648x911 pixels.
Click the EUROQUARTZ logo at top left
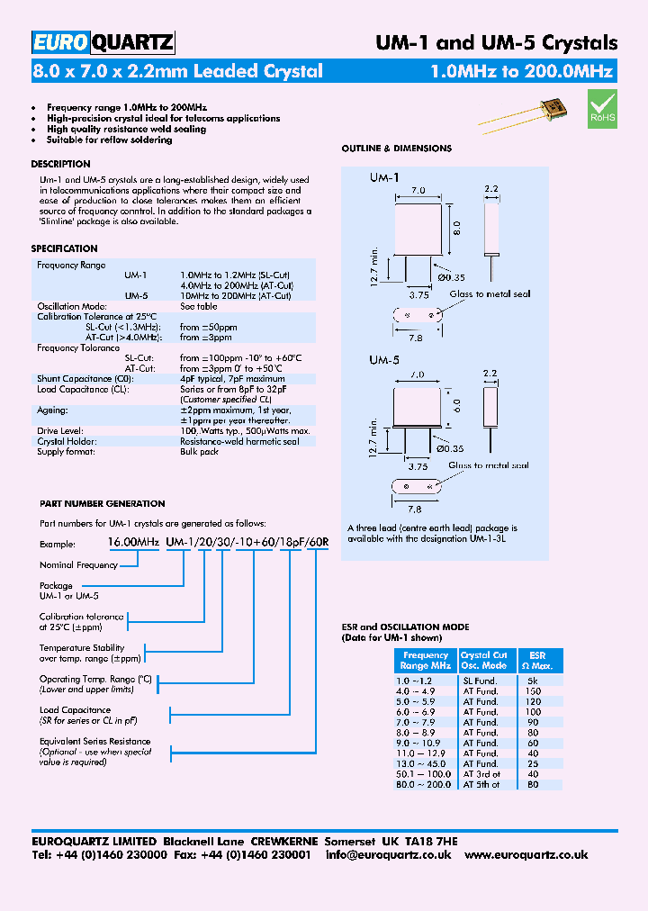[x=103, y=41]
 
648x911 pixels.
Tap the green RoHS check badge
[x=602, y=106]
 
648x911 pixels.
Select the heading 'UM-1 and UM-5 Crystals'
[x=495, y=42]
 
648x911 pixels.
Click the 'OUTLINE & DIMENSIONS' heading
[x=396, y=149]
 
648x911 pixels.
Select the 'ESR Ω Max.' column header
[x=536, y=661]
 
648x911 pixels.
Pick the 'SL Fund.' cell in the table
[x=481, y=681]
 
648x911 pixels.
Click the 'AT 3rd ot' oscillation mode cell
[x=481, y=774]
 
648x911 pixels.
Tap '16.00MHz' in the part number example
[x=133, y=544]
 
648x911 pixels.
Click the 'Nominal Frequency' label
[x=78, y=564]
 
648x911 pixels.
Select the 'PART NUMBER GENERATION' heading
[x=103, y=503]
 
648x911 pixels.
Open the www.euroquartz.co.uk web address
[x=526, y=854]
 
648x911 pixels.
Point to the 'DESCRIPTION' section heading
[x=60, y=165]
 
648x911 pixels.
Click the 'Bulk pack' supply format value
[x=199, y=451]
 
